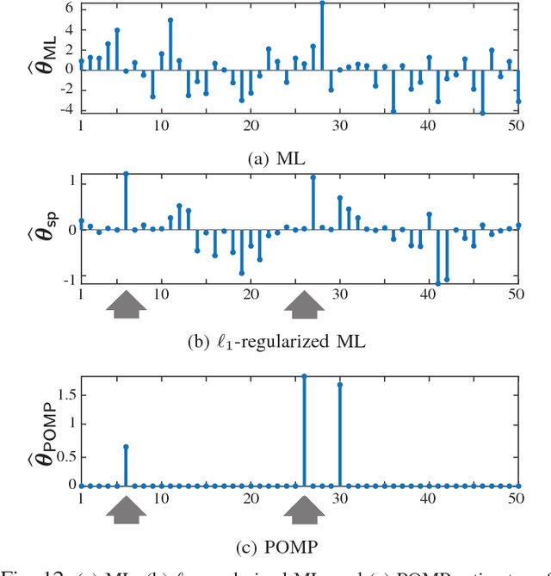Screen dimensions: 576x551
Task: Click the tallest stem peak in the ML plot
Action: point(322,3)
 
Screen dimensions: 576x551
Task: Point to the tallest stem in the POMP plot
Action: point(304,376)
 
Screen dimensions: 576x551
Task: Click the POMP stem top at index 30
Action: point(339,384)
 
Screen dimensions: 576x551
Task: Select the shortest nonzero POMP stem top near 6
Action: point(126,446)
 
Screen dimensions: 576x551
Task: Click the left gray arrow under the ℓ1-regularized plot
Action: point(126,305)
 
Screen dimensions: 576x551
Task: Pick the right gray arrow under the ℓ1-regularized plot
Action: point(304,305)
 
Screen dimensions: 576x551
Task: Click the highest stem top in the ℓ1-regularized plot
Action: point(126,173)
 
